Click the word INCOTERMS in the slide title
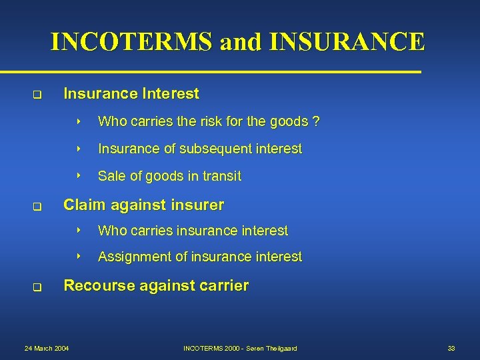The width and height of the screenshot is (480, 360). (133, 41)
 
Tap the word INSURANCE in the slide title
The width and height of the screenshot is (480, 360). (347, 41)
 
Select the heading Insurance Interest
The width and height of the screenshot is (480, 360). (131, 94)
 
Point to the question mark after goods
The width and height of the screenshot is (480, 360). (316, 122)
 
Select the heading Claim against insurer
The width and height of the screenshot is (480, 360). (143, 205)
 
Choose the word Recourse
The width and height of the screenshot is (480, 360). (97, 286)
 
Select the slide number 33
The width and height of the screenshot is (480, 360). (451, 349)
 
